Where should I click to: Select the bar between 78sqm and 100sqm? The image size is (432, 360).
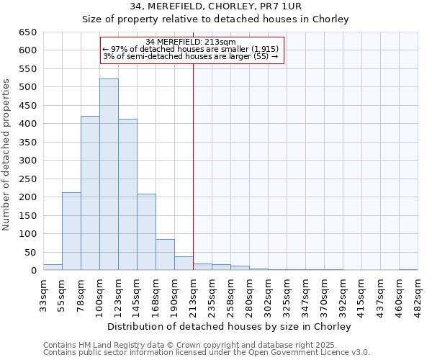(90, 194)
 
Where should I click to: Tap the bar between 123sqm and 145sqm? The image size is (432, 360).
(127, 195)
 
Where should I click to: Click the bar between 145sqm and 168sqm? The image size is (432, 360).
(146, 233)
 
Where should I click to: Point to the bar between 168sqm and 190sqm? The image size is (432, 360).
(165, 255)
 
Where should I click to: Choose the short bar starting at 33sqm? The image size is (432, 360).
(53, 267)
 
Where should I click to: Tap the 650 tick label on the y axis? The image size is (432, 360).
(27, 32)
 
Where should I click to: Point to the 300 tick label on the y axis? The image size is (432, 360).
(27, 161)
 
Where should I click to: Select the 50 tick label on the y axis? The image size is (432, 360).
(30, 252)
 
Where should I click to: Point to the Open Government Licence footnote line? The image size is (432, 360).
(207, 353)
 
